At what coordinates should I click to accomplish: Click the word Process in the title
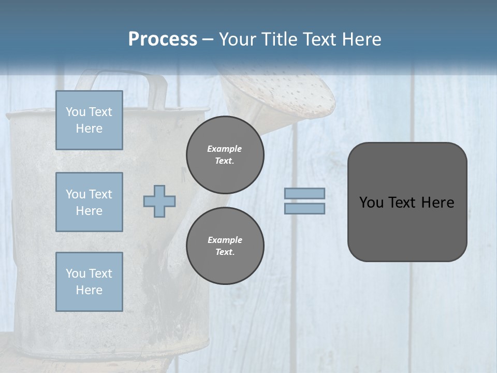pyautogui.click(x=163, y=39)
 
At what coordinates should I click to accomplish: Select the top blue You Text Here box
pyautogui.click(x=89, y=120)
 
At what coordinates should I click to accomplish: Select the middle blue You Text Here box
pyautogui.click(x=89, y=202)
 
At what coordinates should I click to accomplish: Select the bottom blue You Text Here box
pyautogui.click(x=89, y=282)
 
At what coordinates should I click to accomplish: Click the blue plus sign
pyautogui.click(x=159, y=201)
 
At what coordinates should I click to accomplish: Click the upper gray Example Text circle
pyautogui.click(x=225, y=155)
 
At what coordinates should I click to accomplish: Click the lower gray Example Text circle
pyautogui.click(x=225, y=246)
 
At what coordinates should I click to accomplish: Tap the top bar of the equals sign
pyautogui.click(x=305, y=193)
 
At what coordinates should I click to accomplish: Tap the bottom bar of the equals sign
pyautogui.click(x=305, y=208)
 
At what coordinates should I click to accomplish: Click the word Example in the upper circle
pyautogui.click(x=225, y=149)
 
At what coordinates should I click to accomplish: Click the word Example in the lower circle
pyautogui.click(x=225, y=240)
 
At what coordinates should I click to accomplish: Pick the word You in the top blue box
pyautogui.click(x=76, y=112)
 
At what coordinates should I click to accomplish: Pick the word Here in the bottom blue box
pyautogui.click(x=89, y=290)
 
